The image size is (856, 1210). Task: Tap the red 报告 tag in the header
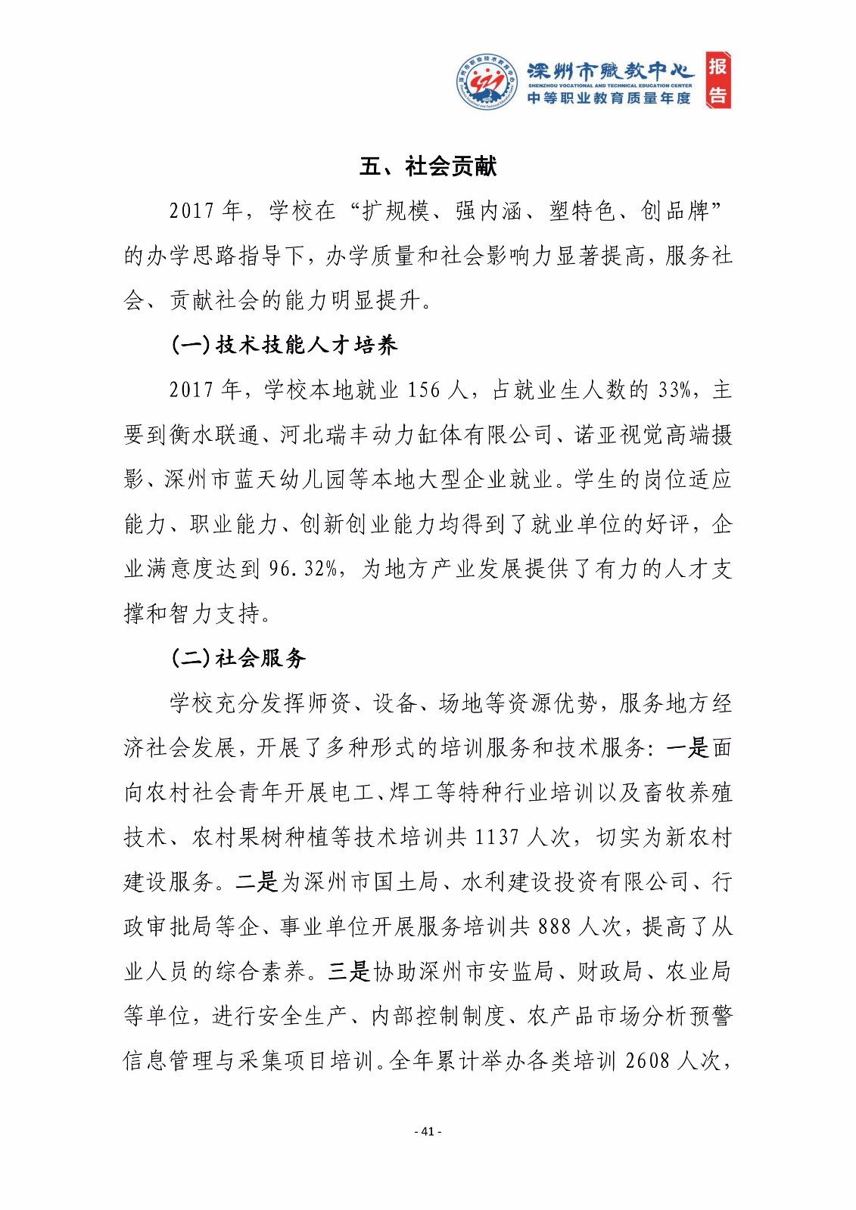point(717,81)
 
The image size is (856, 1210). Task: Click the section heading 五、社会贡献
point(428,166)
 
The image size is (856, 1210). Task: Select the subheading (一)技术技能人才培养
point(285,346)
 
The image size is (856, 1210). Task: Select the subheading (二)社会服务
point(238,659)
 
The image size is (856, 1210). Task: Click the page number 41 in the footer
point(428,1131)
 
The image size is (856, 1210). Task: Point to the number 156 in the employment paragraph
point(423,390)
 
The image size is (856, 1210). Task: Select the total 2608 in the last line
point(648,1060)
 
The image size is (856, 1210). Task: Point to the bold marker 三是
point(349,971)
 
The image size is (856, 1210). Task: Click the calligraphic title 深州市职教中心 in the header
point(610,71)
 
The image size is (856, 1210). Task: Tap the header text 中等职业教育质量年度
point(609,98)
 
